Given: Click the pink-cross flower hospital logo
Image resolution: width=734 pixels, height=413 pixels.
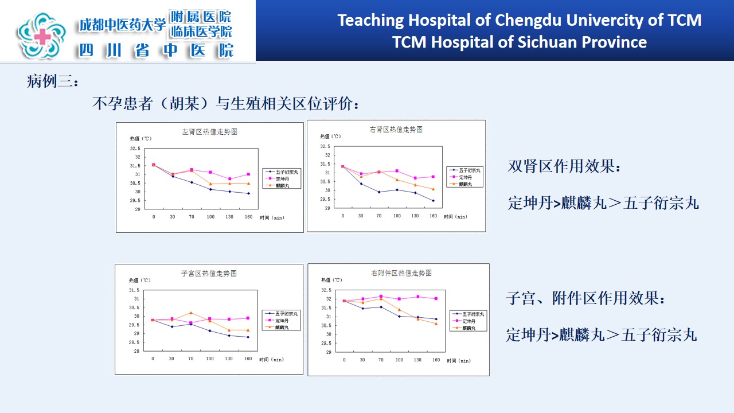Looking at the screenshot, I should pos(42,36).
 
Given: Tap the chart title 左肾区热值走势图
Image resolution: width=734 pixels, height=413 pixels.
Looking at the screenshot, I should pos(209,131).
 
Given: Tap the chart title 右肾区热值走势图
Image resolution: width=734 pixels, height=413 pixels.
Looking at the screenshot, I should pos(396,129).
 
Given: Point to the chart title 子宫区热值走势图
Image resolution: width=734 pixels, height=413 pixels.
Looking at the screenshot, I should pos(209,273).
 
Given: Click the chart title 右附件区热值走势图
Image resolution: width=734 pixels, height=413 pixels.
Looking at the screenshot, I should pos(401,273).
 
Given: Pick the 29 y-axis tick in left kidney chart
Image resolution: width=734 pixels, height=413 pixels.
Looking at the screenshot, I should pos(137,209).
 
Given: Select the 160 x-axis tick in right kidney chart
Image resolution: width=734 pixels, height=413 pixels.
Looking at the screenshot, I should pos(433,216).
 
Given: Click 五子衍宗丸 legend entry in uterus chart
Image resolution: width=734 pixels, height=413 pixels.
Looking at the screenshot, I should pos(287,314).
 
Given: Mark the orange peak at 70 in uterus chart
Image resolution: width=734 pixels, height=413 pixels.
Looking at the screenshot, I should pos(191,313).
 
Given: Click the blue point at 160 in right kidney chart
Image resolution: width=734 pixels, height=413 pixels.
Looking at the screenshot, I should pos(433,201).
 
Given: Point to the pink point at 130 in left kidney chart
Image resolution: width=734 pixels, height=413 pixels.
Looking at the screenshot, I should pos(229,179).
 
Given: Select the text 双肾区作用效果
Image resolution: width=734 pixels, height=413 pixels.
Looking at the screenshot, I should pos(564,167).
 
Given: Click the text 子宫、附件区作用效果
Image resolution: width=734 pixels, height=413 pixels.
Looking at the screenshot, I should pos(585,299).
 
